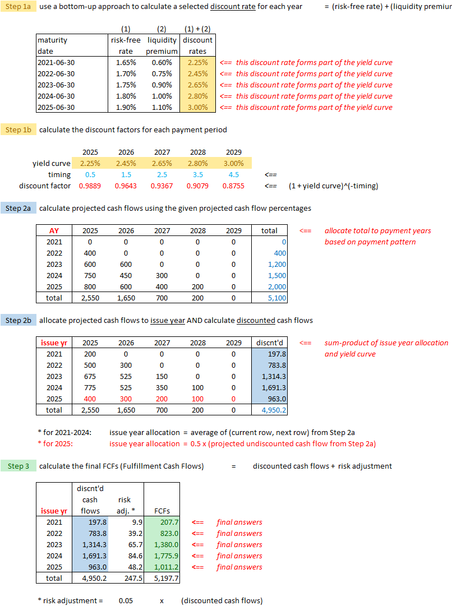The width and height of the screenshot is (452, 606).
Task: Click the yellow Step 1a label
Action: (19, 6)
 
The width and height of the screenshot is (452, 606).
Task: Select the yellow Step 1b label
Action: (19, 129)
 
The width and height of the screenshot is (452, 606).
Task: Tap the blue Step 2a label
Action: (19, 208)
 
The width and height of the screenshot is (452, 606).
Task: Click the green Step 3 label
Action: (16, 466)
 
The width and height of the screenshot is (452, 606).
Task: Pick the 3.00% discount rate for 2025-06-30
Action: (197, 107)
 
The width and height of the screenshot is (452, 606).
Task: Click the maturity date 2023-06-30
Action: (56, 85)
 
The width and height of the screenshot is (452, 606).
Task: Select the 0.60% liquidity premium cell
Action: (162, 62)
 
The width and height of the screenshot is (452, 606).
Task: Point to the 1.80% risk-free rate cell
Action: (126, 96)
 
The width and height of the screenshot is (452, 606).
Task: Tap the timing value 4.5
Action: (233, 174)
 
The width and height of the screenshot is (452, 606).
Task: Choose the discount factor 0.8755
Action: (233, 186)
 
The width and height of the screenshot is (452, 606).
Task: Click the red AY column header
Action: (54, 230)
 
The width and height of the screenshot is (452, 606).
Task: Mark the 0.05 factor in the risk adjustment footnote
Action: (126, 600)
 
